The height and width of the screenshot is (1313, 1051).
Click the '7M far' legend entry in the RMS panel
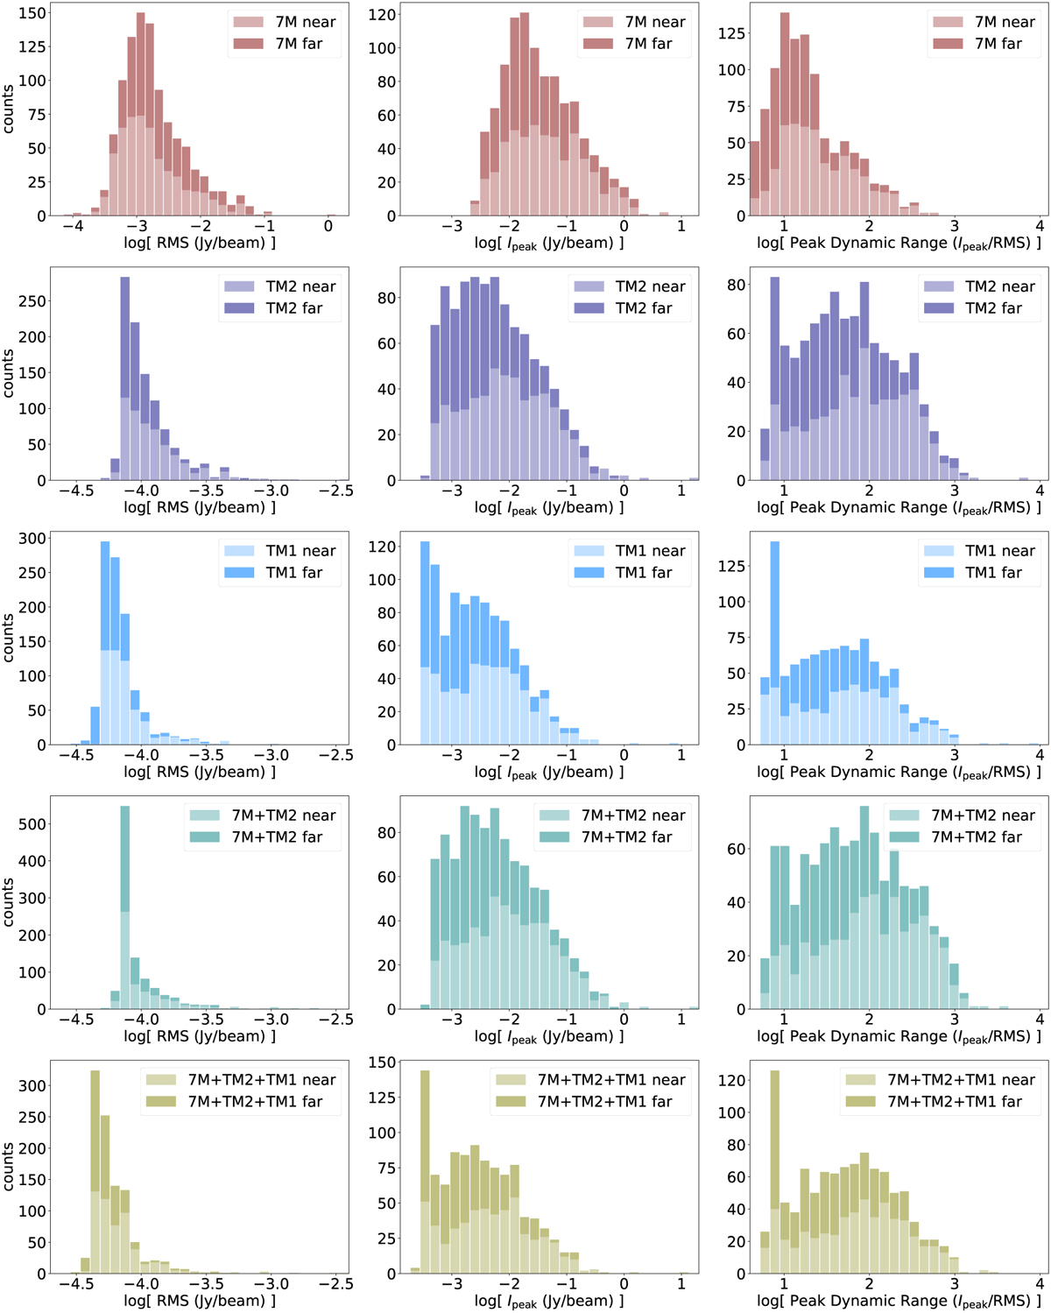[x=299, y=44]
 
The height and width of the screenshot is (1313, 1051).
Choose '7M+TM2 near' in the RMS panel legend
[x=283, y=815]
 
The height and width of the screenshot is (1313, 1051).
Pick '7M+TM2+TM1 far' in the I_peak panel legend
[x=605, y=1102]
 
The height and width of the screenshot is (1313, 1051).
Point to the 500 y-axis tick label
[x=33, y=824]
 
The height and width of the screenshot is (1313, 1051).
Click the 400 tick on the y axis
[x=33, y=861]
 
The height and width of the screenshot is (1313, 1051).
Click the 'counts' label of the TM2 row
[x=9, y=374]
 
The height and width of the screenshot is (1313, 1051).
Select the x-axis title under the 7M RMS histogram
[x=200, y=243]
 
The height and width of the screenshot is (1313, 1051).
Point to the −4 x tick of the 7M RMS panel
[x=73, y=226]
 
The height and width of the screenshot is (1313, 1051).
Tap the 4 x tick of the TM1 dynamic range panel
[x=1040, y=755]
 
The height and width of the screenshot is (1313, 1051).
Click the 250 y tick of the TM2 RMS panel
[x=33, y=301]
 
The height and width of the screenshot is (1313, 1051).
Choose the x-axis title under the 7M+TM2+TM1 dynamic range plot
[x=899, y=1301]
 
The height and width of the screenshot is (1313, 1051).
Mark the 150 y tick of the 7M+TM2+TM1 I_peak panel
[x=382, y=1062]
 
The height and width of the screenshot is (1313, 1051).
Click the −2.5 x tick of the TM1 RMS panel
[x=335, y=755]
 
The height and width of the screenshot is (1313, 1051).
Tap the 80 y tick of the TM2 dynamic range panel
[x=737, y=285]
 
